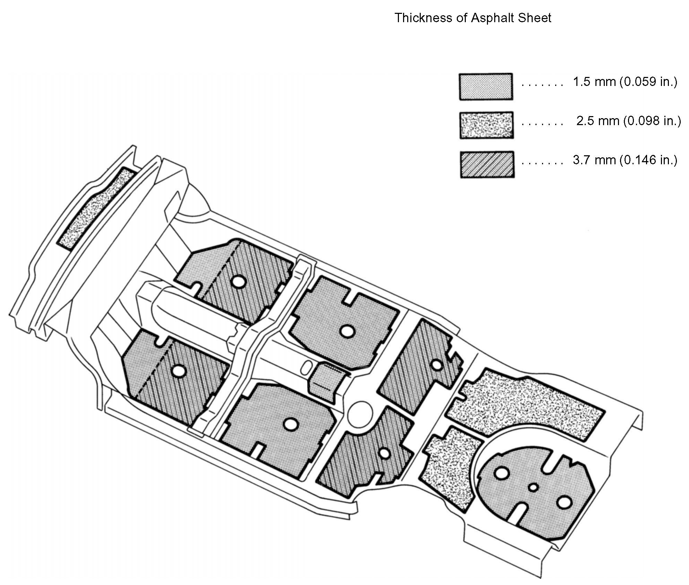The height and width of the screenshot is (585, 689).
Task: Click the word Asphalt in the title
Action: coord(492,18)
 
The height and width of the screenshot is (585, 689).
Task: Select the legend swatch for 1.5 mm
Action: coord(486,87)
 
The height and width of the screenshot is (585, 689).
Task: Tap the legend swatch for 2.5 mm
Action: coord(487,125)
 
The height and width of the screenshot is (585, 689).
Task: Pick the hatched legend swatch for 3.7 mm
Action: coord(487,165)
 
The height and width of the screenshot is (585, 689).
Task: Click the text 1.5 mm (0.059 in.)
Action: coord(625,82)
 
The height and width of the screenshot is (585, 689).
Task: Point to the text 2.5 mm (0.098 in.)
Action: coord(628,121)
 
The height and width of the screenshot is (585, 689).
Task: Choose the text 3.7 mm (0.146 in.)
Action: coord(625,160)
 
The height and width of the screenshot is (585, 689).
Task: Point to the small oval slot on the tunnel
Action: coord(305,368)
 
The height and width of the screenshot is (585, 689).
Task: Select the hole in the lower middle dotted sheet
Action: coord(290,424)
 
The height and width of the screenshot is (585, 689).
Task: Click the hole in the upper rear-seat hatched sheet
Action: coord(437,365)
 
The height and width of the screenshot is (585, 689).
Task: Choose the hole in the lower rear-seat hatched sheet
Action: coord(384,453)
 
